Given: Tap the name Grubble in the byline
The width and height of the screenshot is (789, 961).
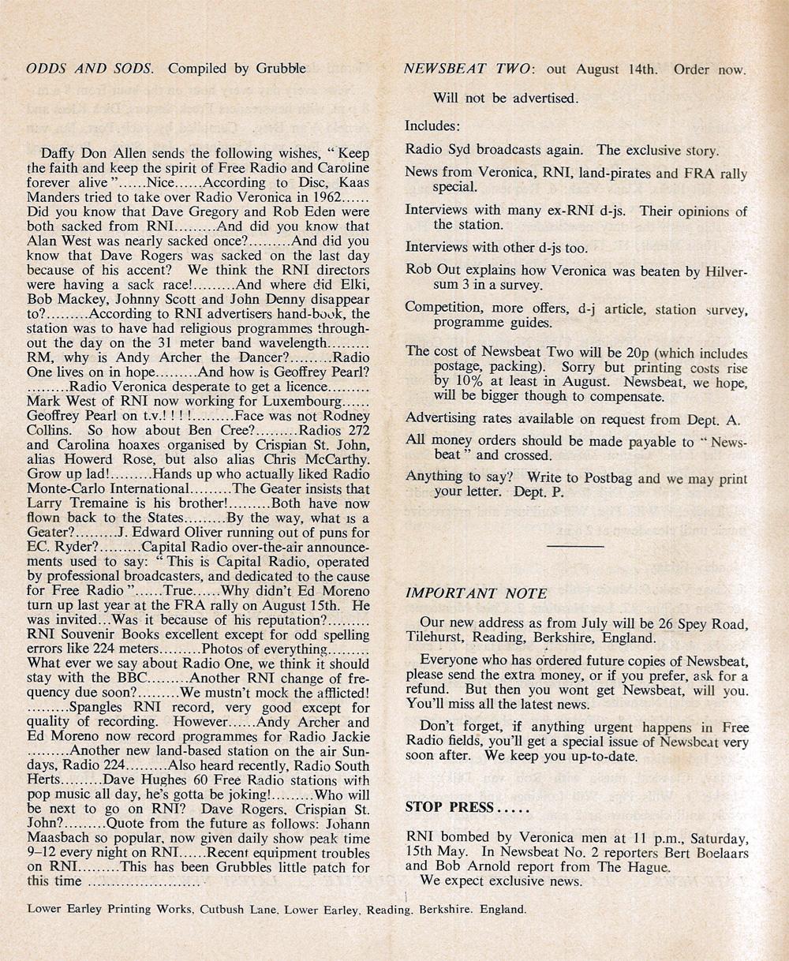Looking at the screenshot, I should click(280, 69).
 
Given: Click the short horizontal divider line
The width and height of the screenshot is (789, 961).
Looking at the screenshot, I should click(574, 545).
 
